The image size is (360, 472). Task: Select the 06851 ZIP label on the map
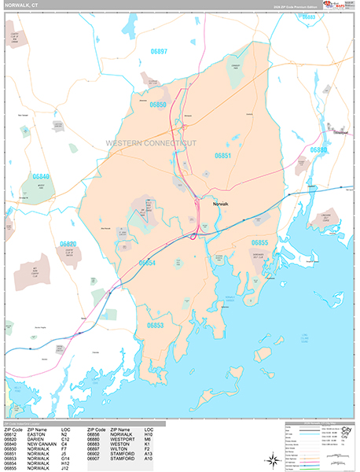tap(223, 156)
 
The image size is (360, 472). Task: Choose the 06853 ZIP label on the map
tap(155, 324)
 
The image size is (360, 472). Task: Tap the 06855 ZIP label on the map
tap(260, 242)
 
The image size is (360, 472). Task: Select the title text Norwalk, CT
tap(26, 6)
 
